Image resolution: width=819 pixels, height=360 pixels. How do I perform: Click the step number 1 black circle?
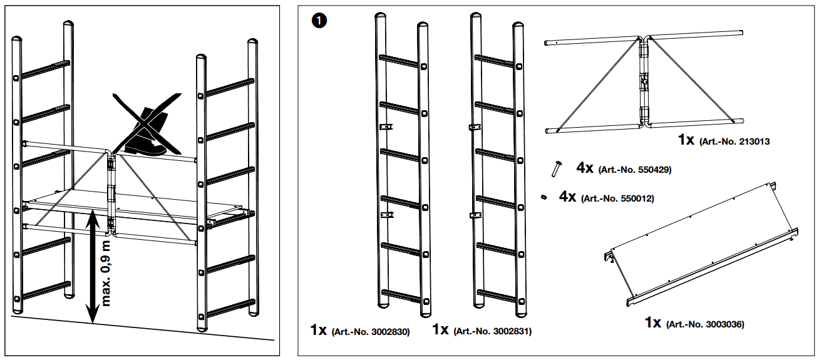pos(319,21)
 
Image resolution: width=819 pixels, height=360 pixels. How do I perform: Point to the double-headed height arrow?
pos(93,266)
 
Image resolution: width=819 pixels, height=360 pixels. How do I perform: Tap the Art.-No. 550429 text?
pos(635,170)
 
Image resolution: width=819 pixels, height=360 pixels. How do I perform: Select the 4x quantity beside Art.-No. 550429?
pos(585,168)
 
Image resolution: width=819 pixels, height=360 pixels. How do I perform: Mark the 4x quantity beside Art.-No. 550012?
pos(567,197)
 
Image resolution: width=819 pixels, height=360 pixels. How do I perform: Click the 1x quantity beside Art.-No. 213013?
pos(686,140)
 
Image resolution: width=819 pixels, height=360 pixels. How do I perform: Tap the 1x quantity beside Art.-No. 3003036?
pos(653,323)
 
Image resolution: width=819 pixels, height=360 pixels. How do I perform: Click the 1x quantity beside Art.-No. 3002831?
pos(440,330)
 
